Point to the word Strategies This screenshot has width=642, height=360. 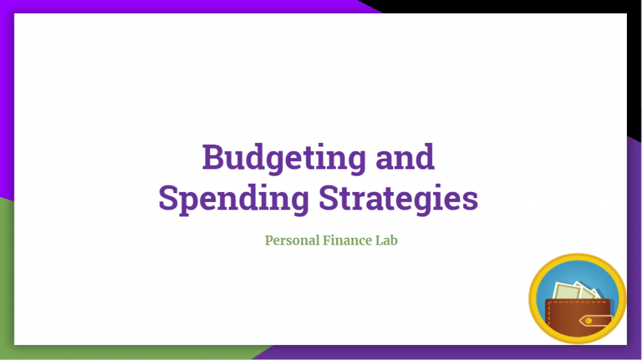click(398, 198)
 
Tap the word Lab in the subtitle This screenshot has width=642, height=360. click(386, 240)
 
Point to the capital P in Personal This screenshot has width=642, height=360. click(269, 240)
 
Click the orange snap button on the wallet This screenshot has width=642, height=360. click(588, 320)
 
